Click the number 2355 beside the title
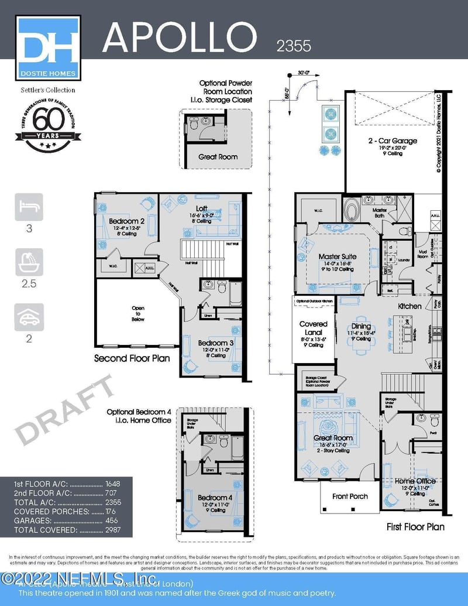coord(294,46)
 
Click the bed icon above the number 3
coord(29,207)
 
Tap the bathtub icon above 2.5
coord(29,262)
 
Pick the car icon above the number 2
coord(29,317)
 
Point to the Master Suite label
coord(338,256)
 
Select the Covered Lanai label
coord(314,328)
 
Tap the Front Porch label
coord(350,497)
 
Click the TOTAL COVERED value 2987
coord(114,530)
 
